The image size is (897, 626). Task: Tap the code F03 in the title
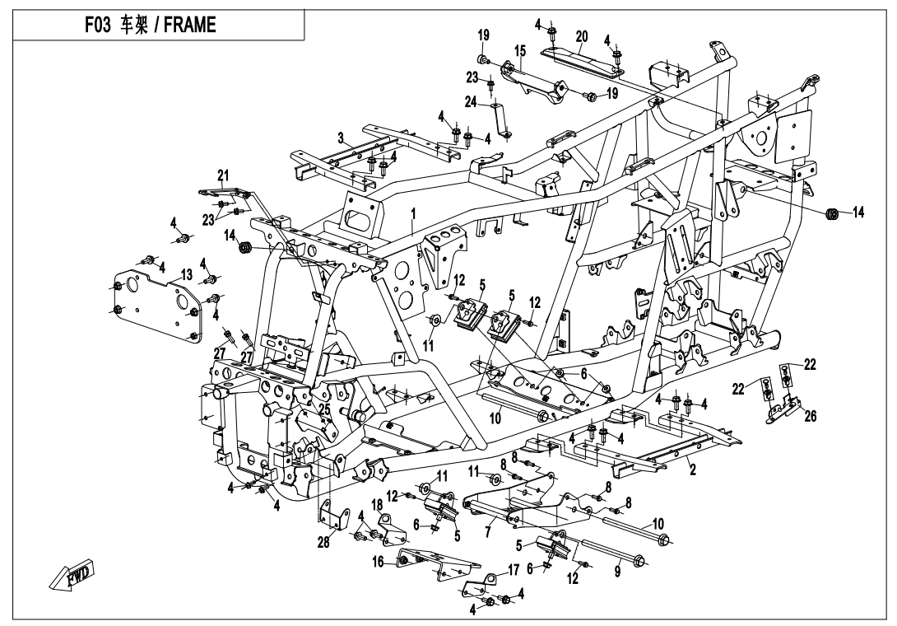point(100,24)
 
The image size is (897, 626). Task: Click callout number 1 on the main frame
point(415,213)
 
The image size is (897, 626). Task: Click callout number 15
point(519,51)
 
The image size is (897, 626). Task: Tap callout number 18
point(377,503)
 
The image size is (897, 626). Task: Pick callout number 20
point(582,36)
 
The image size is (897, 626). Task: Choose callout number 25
point(324,409)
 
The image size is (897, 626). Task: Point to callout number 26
point(811,416)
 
